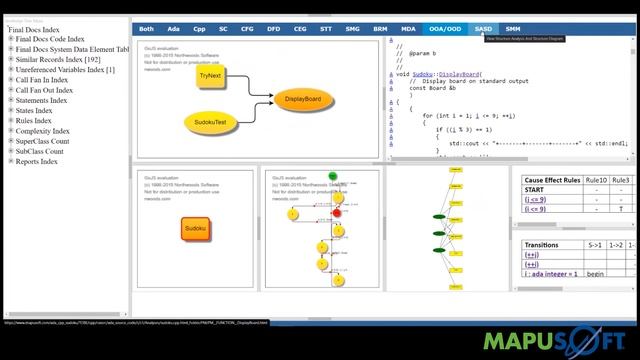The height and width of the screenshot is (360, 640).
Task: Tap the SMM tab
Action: coord(512,29)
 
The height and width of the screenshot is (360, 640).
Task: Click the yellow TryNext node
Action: coord(211,76)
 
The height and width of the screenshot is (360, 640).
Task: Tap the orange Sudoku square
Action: coord(195,230)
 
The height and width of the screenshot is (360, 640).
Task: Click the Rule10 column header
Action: coord(597,180)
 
